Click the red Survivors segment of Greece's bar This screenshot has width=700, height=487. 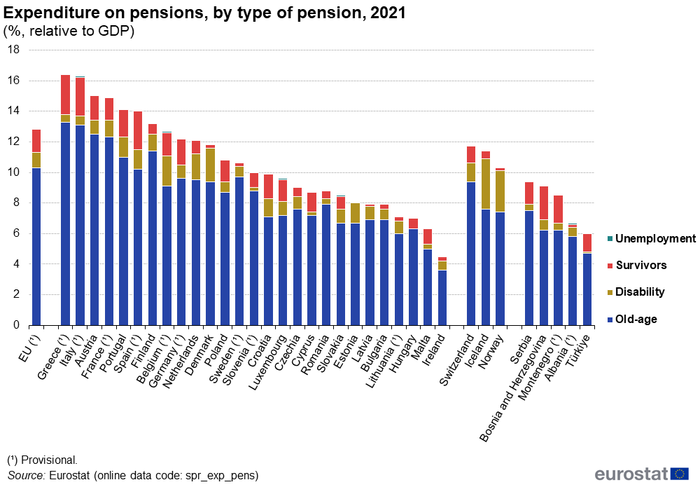pyautogui.click(x=65, y=95)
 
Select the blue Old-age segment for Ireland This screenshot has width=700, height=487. pyautogui.click(x=442, y=298)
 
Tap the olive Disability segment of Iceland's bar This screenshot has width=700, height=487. pyautogui.click(x=486, y=184)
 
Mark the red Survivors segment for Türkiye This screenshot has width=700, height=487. pyautogui.click(x=587, y=242)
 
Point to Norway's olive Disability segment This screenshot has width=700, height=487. pyautogui.click(x=500, y=190)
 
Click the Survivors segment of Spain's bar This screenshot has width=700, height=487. pyautogui.click(x=138, y=130)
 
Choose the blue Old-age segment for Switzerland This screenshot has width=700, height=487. pyautogui.click(x=471, y=253)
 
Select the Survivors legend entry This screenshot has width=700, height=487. pyautogui.click(x=640, y=266)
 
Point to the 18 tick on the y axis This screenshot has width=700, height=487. pyautogui.click(x=14, y=50)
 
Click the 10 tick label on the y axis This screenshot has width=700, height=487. pyautogui.click(x=14, y=172)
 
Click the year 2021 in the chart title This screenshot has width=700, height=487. pyautogui.click(x=387, y=13)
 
